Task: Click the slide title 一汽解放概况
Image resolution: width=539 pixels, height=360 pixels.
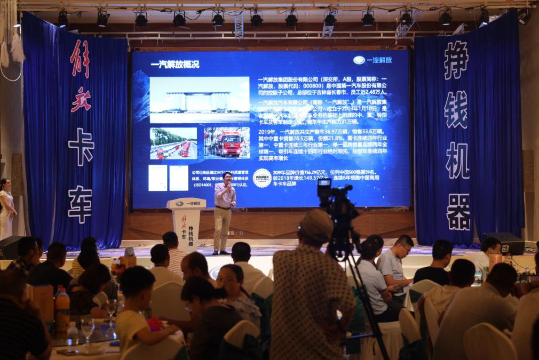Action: pos(175,65)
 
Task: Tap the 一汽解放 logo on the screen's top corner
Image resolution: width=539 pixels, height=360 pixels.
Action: pos(373,60)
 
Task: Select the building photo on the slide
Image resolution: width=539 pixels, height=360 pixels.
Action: pos(199,99)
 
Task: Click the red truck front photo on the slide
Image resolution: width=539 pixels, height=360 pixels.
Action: pos(226,142)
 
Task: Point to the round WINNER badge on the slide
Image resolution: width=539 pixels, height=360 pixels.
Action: pos(262,178)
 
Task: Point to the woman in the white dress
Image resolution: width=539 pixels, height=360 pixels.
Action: pos(6,208)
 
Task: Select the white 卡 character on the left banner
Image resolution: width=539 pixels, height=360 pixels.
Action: pos(81,147)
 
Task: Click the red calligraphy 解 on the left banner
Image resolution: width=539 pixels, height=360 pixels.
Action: pos(80,58)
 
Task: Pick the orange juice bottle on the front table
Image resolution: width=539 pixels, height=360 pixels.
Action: pos(62,309)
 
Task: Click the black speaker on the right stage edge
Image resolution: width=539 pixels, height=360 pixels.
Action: pos(505,243)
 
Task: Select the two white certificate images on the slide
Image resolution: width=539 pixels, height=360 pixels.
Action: pos(168,178)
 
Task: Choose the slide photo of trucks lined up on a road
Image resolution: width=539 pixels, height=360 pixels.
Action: pos(173,143)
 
